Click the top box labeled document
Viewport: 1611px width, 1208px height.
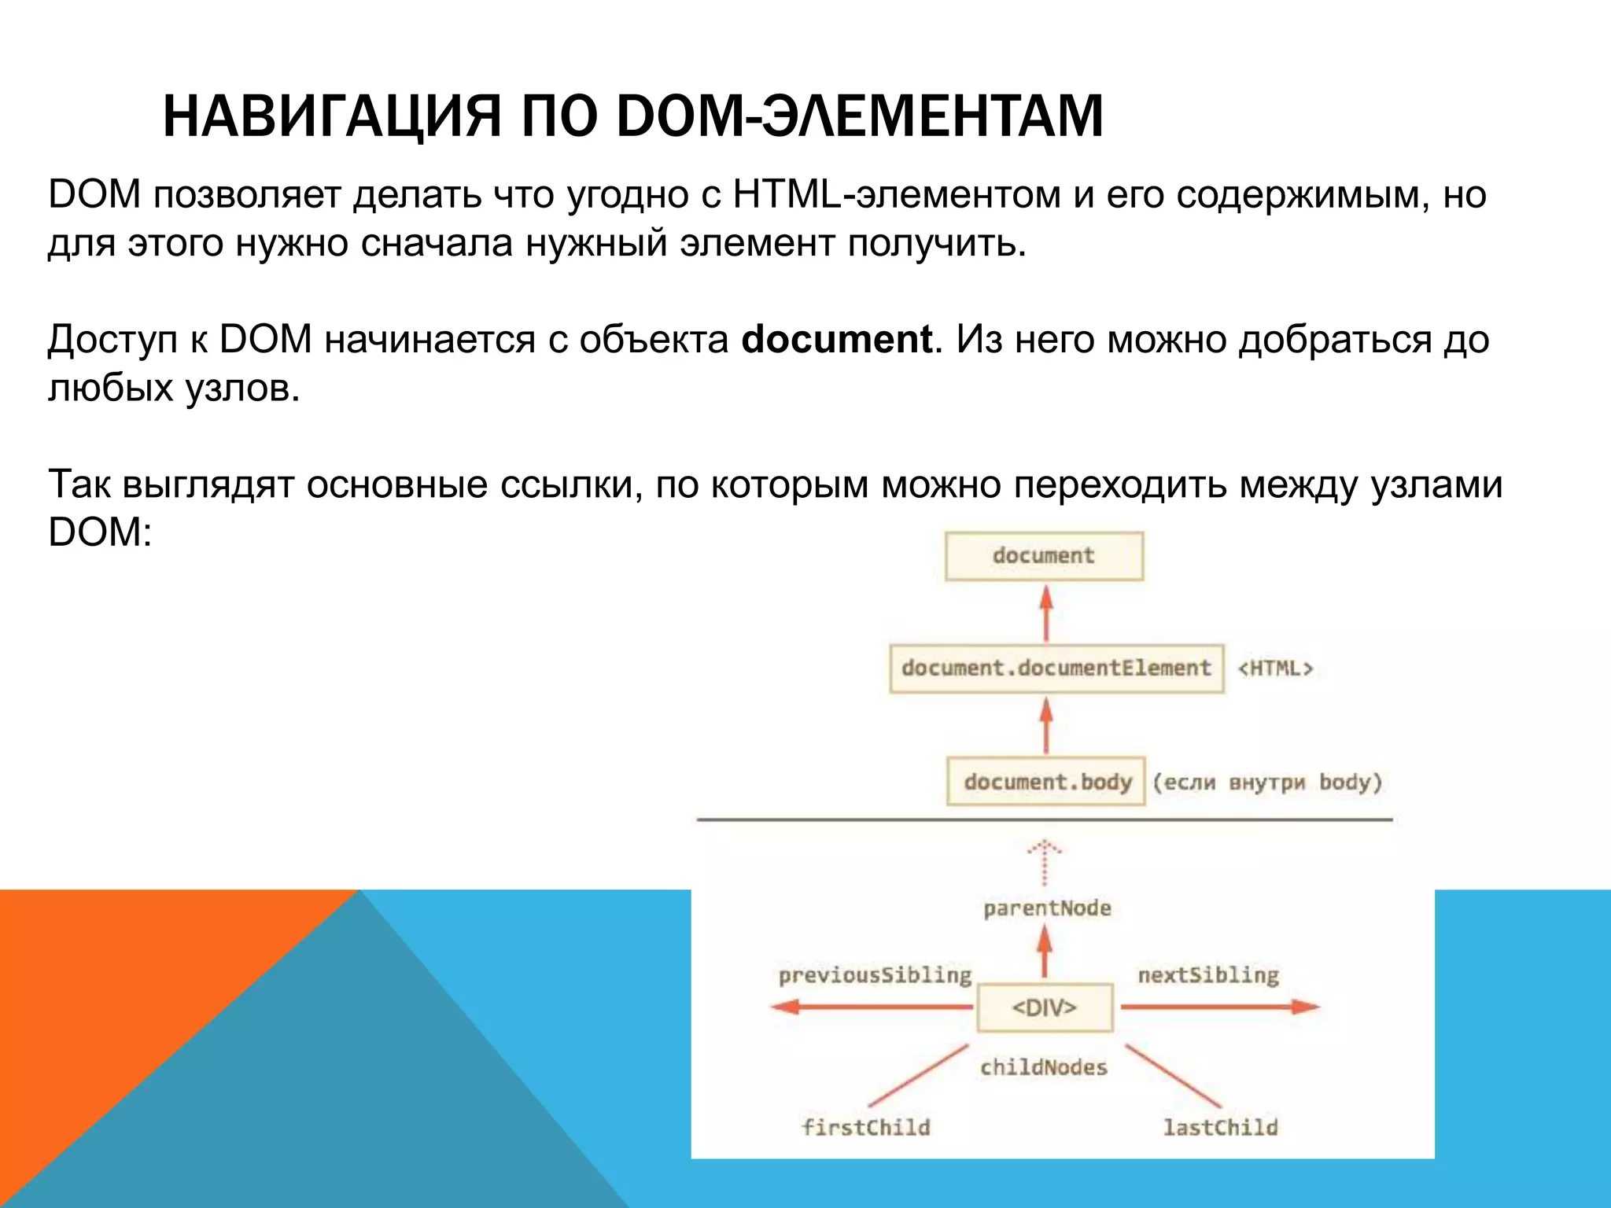click(1044, 556)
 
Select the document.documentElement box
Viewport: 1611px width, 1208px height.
click(1056, 668)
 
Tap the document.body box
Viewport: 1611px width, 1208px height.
click(1046, 782)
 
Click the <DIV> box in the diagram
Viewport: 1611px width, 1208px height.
click(1045, 1007)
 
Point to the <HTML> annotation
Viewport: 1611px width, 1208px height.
click(1275, 668)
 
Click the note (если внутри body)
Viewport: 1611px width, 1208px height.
click(1267, 783)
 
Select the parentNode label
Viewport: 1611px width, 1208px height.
click(1047, 909)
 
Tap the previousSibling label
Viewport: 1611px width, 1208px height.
click(875, 976)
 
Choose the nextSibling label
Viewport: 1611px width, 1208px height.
click(1208, 976)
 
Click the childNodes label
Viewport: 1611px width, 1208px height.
click(1044, 1068)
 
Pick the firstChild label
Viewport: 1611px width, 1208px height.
click(866, 1128)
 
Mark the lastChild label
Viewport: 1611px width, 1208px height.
click(1220, 1128)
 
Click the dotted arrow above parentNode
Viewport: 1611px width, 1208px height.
click(1045, 862)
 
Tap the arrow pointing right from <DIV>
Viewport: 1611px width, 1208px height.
click(1219, 1007)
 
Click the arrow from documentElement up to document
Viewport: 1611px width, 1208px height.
click(1045, 613)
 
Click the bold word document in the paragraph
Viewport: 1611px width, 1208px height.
click(836, 340)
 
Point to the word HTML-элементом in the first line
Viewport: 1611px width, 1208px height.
click(897, 194)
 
